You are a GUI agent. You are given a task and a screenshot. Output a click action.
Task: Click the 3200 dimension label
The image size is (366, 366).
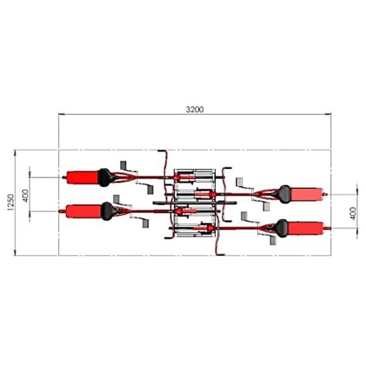[x=195, y=109]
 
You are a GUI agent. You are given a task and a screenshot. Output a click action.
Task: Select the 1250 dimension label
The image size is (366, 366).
[x=11, y=202]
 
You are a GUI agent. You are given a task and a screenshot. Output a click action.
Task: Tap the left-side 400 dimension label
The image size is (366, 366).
[x=26, y=196]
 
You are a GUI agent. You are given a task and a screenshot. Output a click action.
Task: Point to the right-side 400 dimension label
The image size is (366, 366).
[x=353, y=213]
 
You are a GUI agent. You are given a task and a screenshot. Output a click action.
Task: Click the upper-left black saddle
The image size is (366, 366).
[x=105, y=178]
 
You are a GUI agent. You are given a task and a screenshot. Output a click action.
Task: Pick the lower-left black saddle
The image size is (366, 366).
[x=108, y=211]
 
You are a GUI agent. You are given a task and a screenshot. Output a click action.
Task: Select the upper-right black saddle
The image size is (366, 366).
[x=283, y=194]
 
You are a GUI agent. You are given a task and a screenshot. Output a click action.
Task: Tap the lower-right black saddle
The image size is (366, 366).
[x=282, y=228]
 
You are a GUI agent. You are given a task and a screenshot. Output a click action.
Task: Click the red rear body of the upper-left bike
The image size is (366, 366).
[x=82, y=178]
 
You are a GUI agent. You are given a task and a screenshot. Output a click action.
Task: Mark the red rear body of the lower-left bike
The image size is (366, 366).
[x=84, y=211]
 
